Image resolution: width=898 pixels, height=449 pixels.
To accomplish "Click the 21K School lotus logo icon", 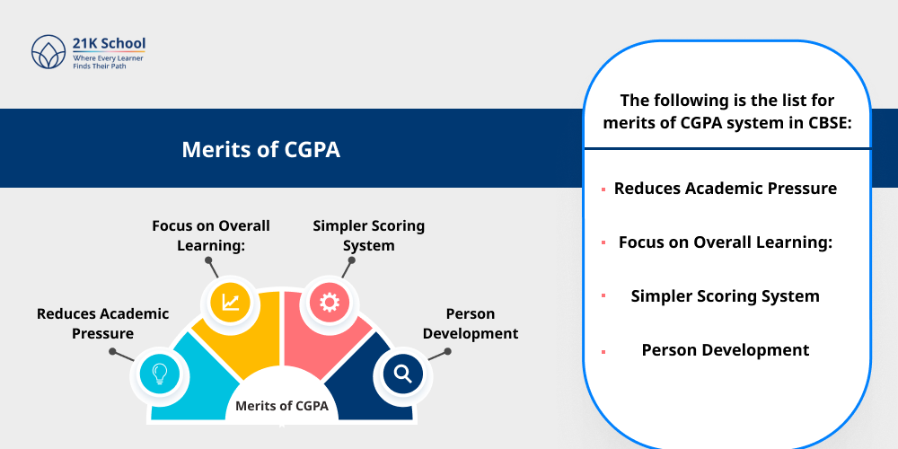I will (49, 53).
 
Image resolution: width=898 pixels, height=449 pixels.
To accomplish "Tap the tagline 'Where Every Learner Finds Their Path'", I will (108, 61).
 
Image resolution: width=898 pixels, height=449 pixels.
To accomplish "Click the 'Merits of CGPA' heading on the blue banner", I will (260, 149).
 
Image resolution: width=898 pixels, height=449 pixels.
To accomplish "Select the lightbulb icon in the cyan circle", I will (160, 372).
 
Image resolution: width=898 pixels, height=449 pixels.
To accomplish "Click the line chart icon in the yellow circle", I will (231, 303).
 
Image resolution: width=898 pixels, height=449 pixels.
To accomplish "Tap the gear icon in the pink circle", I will (329, 303).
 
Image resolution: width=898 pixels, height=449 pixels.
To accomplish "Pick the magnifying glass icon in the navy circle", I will (402, 372).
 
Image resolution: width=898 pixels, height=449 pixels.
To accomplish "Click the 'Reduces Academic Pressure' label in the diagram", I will (102, 323).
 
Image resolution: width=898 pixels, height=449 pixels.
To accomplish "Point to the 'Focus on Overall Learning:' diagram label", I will (211, 235).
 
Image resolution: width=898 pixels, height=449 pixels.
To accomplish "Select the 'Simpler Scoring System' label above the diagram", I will (368, 235).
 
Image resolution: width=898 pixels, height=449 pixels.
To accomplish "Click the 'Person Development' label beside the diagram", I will (470, 323).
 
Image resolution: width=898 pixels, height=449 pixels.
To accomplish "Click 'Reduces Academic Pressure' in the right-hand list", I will (726, 189).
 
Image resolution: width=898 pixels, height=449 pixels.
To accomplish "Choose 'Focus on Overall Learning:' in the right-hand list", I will (726, 242).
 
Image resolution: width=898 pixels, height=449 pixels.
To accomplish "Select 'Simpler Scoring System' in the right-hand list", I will (726, 296).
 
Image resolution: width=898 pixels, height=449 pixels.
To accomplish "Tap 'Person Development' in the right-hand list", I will (726, 350).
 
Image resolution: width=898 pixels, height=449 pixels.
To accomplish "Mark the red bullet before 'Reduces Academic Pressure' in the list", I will (603, 189).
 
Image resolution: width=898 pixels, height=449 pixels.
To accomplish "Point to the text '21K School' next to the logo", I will (109, 43).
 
